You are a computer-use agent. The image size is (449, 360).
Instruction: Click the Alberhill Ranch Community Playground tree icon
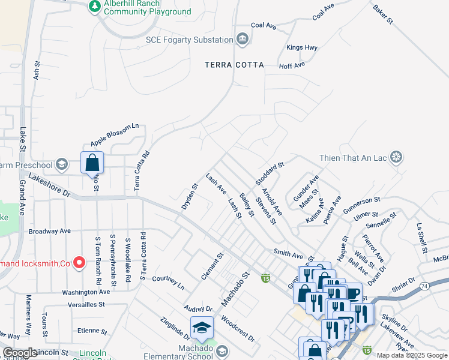coord(94,6)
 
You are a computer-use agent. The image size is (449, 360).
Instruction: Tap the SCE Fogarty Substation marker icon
coord(242,40)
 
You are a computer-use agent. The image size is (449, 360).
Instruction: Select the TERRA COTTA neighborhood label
coord(234,65)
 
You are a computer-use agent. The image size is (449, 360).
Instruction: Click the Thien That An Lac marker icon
coord(396,158)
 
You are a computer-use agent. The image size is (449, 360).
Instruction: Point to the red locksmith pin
coord(79,263)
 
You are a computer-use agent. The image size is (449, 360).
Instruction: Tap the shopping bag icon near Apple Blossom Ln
coord(92,162)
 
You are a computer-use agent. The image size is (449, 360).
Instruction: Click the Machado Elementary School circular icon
coord(222,351)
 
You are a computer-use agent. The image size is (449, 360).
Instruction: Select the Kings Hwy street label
coord(301,47)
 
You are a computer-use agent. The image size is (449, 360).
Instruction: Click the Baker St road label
coord(382,15)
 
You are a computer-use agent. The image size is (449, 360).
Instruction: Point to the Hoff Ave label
coord(292,65)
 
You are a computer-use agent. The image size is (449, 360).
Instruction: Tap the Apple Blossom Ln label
coord(115,135)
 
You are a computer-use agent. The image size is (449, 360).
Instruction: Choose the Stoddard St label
coord(270,173)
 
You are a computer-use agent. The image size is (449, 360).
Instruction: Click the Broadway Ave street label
coord(50,231)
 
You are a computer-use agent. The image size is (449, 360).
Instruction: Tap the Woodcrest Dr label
coord(238,328)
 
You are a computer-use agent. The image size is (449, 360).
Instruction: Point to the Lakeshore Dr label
coord(49,186)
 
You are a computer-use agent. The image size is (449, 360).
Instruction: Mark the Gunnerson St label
coord(362,205)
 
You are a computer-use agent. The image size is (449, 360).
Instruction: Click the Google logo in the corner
coord(20,353)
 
